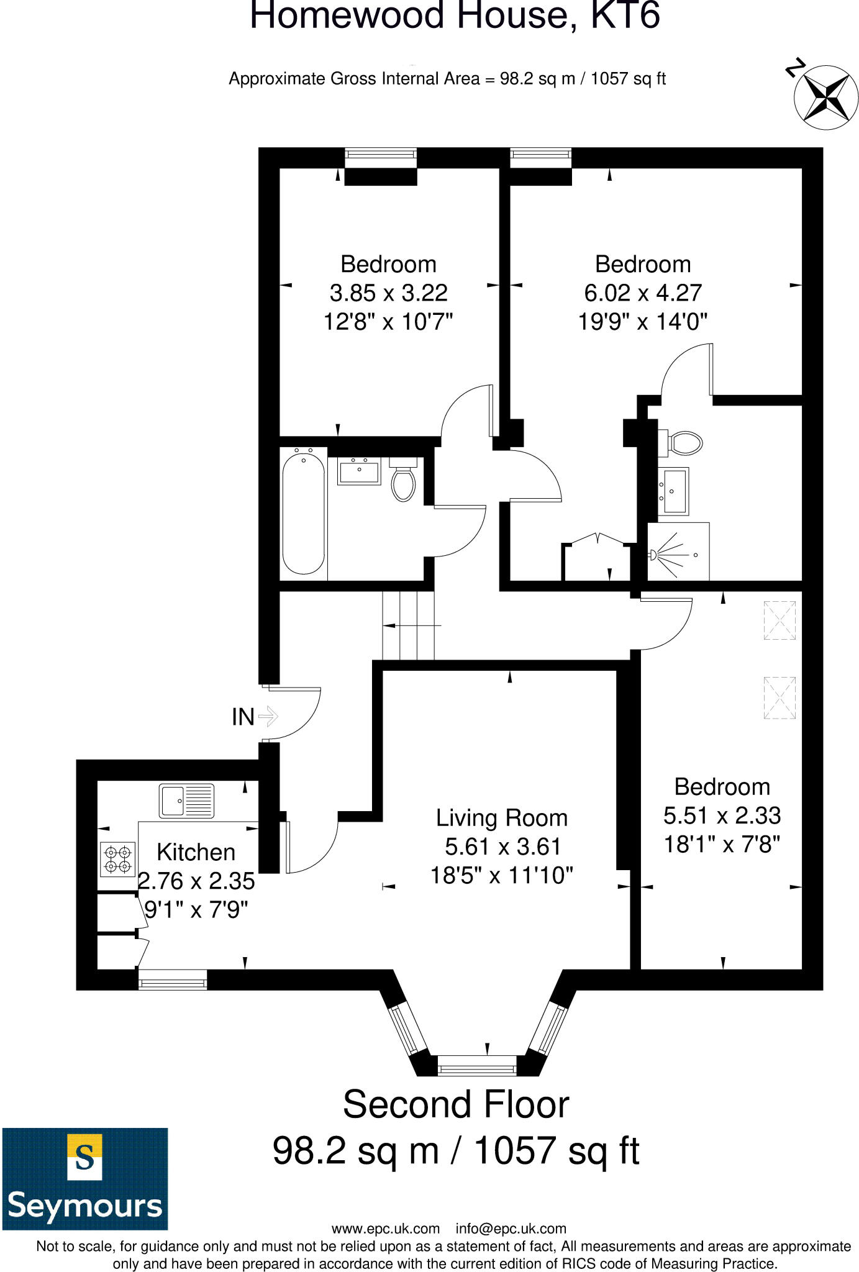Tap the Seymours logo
click(x=85, y=1178)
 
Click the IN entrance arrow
click(x=268, y=716)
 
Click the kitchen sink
click(x=186, y=800)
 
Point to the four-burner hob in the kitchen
click(x=117, y=858)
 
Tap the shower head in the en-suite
click(x=655, y=554)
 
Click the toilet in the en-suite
click(x=684, y=443)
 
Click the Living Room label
click(x=501, y=818)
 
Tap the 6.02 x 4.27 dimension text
click(x=643, y=293)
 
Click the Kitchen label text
click(x=196, y=852)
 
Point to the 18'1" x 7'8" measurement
click(x=722, y=844)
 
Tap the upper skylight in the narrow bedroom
click(x=779, y=619)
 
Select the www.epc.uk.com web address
click(x=386, y=1228)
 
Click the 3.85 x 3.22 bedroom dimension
click(x=388, y=293)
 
